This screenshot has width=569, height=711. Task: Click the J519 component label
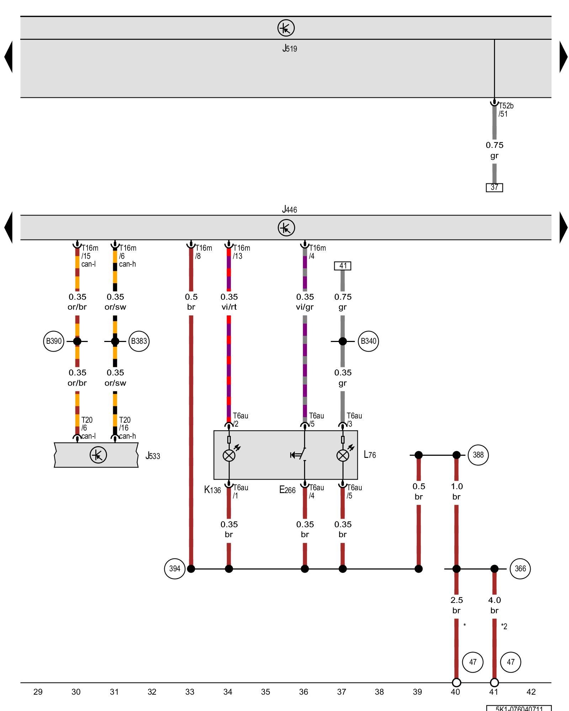(289, 48)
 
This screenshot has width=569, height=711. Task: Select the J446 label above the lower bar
(289, 209)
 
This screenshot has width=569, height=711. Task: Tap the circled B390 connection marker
(54, 341)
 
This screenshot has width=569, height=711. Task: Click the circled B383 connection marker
(139, 341)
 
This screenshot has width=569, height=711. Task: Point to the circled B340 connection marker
(368, 341)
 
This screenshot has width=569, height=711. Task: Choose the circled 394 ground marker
(175, 569)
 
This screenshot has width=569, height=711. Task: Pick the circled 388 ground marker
(478, 455)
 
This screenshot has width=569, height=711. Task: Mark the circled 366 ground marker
(520, 569)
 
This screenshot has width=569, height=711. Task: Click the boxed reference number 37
(494, 187)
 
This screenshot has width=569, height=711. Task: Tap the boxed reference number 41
(343, 266)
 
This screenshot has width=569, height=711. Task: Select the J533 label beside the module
(153, 456)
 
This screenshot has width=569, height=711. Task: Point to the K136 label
(212, 490)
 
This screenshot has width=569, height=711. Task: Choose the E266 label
(287, 490)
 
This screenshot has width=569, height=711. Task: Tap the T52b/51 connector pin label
(506, 110)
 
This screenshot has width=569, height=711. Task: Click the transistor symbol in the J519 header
(286, 28)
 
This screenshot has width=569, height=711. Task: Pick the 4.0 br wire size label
(494, 605)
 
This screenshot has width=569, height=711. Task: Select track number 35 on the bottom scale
(266, 692)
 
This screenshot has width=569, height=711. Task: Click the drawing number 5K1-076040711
(519, 709)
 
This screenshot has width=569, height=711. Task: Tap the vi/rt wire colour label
(229, 307)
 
